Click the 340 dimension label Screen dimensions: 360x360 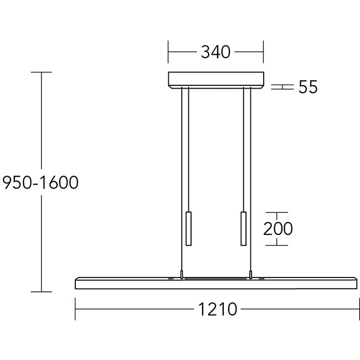coord(215,53)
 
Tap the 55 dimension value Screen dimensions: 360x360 coord(308,87)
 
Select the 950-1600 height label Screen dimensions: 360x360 coord(40,183)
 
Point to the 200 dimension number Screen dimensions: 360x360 coord(277,228)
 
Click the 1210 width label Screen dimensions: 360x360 coord(218,309)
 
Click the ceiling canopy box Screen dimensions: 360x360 coord(215,80)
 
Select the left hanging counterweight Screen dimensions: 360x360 coord(188,228)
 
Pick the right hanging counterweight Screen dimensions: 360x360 coord(243,228)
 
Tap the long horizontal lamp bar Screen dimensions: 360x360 coord(215,283)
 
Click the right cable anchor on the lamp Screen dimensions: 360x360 coord(250,274)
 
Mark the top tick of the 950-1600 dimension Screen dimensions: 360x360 coord(42,73)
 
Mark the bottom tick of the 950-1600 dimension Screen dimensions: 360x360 coord(42,291)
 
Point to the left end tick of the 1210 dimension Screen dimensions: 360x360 coord(75,309)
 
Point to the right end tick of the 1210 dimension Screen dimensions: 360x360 coord(356,309)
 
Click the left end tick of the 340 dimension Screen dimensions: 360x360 coord(168,53)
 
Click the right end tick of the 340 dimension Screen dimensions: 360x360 coord(263,53)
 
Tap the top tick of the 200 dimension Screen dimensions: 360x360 coord(277,212)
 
